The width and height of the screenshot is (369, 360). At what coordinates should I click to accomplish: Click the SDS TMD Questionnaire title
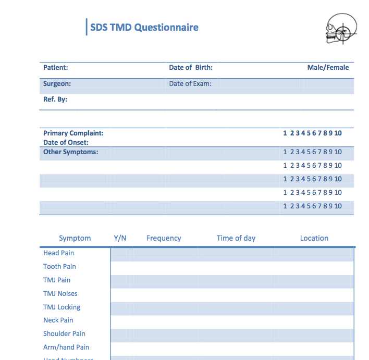144,28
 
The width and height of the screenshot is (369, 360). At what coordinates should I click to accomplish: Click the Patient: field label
56,67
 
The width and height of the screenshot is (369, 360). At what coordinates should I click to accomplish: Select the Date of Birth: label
191,67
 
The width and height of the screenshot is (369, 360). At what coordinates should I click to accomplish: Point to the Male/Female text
328,67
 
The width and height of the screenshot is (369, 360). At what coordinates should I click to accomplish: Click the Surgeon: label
57,83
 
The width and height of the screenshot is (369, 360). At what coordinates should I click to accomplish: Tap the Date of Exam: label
190,83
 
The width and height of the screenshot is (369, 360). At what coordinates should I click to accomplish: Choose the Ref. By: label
55,99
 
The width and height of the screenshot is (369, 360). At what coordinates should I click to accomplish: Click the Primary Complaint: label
73,133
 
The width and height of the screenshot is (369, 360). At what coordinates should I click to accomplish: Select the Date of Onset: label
66,142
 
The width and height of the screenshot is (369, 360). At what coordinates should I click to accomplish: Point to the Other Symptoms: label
71,152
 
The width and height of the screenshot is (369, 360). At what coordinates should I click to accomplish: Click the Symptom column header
75,238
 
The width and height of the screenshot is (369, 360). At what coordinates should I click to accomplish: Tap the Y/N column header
120,238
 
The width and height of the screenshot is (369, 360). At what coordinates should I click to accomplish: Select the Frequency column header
164,238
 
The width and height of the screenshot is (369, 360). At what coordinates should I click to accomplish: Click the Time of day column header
236,238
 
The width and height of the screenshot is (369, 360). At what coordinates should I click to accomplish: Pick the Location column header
314,238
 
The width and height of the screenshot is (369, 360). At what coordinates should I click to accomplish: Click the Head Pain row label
59,253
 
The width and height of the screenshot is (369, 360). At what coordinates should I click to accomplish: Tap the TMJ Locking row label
62,307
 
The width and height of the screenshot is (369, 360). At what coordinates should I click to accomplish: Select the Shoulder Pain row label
65,333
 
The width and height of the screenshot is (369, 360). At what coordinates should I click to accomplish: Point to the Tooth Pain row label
60,266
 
